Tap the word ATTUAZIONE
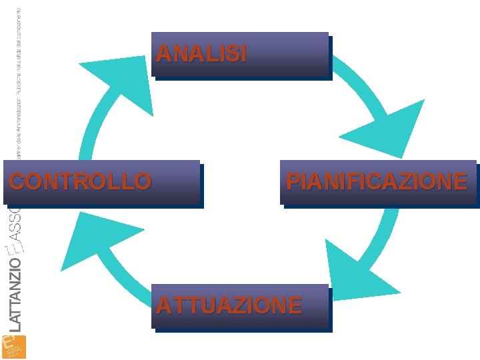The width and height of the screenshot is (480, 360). click(x=229, y=305)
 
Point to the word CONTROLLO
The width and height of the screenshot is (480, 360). click(x=80, y=181)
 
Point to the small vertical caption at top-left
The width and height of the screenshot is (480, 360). click(x=18, y=87)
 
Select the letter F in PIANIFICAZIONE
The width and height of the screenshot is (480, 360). click(x=347, y=181)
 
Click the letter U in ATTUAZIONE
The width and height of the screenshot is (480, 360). click(x=202, y=305)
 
